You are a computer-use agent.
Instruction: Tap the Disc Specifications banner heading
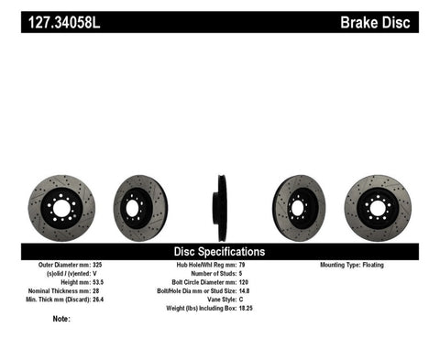coord(219,250)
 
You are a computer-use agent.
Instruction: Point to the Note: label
coord(61,319)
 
